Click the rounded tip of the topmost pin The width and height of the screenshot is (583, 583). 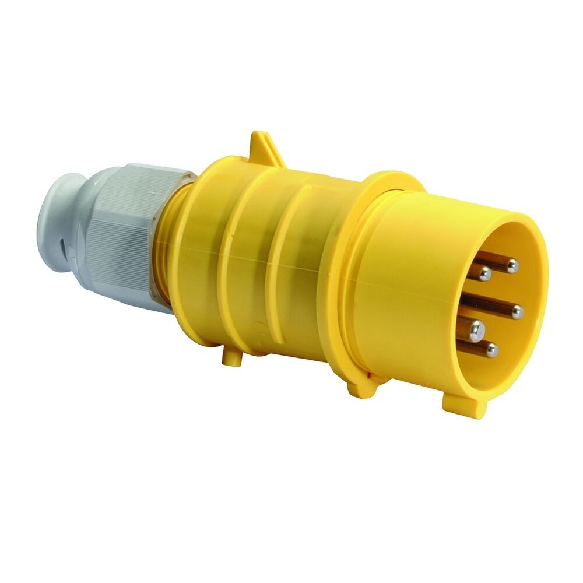pos(512,266)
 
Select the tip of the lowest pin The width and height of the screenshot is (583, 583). pos(493,350)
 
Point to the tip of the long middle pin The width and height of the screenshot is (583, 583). pos(517,312)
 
